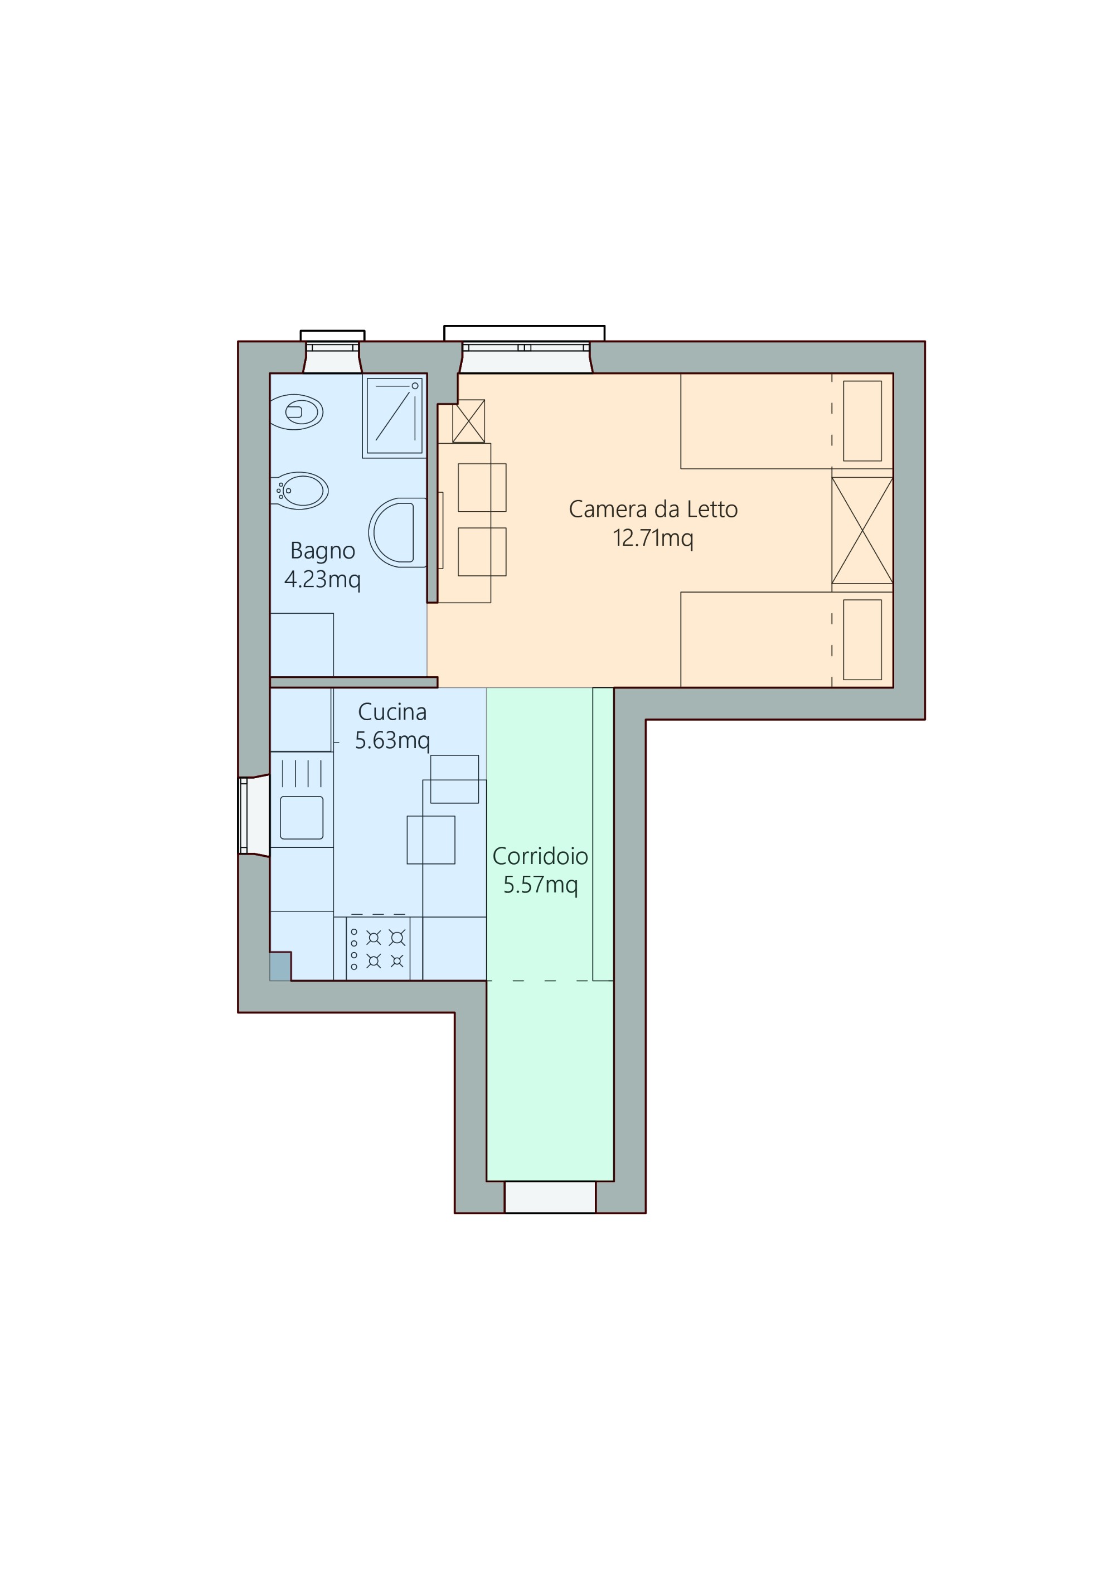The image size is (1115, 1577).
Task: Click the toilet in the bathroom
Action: click(297, 412)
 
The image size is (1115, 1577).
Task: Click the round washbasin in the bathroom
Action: click(397, 532)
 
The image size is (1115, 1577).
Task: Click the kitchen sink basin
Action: click(302, 817)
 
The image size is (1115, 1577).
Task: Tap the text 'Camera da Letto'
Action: click(653, 510)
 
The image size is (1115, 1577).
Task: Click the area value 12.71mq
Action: click(653, 538)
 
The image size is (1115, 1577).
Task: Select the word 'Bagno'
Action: click(322, 551)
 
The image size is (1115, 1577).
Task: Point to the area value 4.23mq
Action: click(322, 580)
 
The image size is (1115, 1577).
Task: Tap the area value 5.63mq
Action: click(392, 740)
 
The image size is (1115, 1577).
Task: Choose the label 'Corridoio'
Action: click(540, 856)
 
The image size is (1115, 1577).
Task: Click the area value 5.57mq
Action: click(540, 885)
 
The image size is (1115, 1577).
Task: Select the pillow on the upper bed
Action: click(862, 421)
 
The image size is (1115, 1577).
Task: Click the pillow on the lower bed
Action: click(862, 639)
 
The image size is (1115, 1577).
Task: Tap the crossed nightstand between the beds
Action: click(862, 530)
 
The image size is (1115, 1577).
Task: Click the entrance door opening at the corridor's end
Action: click(550, 1197)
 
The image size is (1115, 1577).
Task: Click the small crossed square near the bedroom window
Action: click(468, 421)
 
